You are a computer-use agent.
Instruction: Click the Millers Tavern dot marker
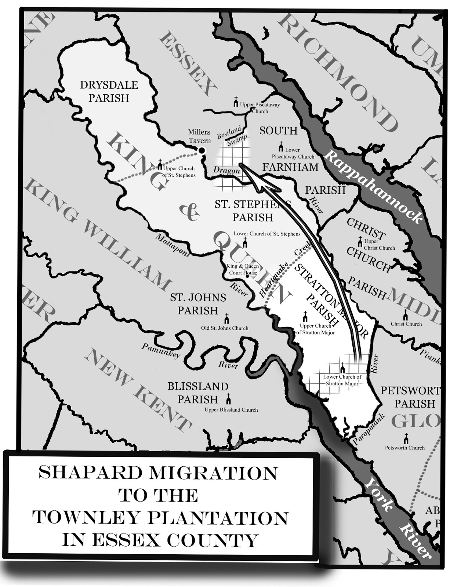(x=201, y=150)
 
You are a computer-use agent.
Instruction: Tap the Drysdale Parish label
(x=109, y=92)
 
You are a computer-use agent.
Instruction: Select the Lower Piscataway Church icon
(x=281, y=146)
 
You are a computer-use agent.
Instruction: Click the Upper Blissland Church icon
(x=229, y=399)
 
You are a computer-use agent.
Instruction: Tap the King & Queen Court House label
(x=242, y=269)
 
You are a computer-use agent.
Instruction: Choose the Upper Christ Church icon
(x=360, y=242)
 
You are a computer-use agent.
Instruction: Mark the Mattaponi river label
(x=172, y=245)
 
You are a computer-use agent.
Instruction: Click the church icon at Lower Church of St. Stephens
(x=245, y=243)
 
